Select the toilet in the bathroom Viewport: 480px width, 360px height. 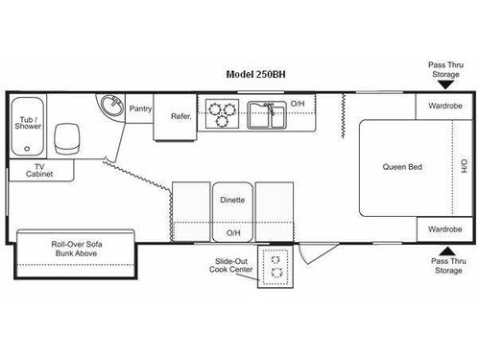click(67, 140)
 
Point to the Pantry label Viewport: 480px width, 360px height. click(140, 108)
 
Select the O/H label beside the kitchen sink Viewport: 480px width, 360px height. click(298, 104)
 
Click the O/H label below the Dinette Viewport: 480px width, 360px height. click(232, 232)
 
